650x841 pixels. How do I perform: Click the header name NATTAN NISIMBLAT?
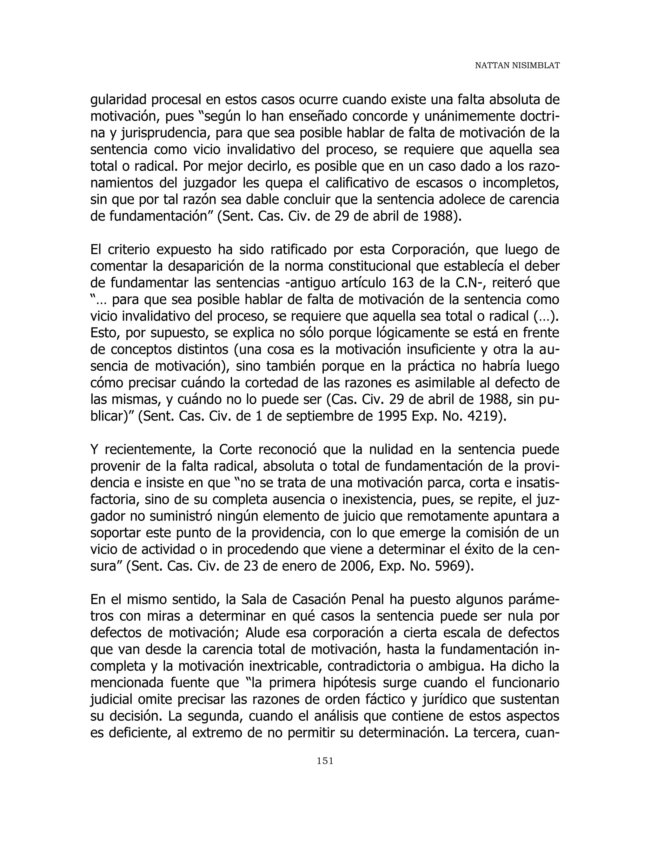coord(517,65)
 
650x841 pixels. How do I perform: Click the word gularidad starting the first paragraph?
coord(118,100)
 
